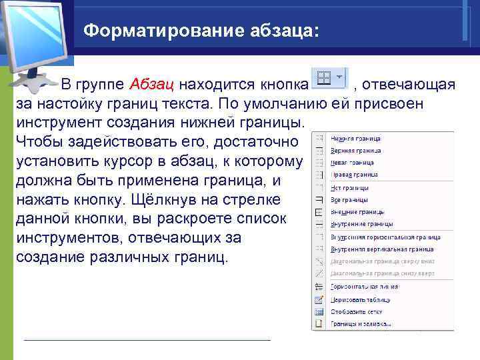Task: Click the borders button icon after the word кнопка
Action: coord(324,78)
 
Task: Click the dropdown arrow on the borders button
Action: coord(340,77)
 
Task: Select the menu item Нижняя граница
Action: coord(355,139)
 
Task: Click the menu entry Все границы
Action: coord(350,200)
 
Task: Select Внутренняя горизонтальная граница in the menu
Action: coord(385,237)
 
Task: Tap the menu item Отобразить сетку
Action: coord(357,311)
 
